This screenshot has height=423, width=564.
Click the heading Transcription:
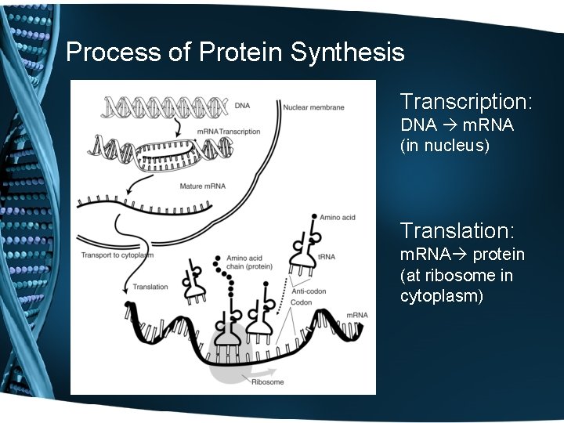466,102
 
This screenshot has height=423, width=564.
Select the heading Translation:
457,231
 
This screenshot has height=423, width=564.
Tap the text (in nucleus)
444,145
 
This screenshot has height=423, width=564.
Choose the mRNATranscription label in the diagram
228,132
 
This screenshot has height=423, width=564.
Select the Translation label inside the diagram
150,287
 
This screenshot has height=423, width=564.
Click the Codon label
302,303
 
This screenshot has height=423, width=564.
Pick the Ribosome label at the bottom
268,382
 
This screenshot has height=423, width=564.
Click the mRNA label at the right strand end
356,315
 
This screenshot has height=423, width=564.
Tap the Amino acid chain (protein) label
248,263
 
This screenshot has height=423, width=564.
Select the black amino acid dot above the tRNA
313,216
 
